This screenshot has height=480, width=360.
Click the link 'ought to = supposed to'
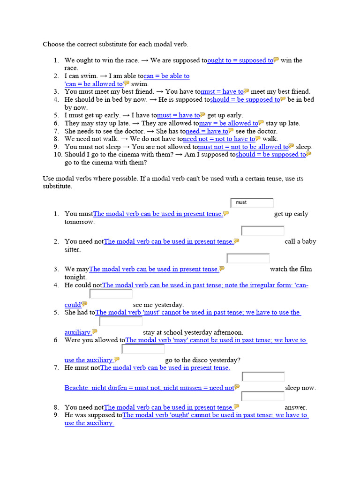[240, 60]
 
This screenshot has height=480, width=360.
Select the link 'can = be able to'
[166, 76]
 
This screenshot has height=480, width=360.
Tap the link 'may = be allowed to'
[228, 123]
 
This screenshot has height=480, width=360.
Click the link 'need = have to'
[207, 131]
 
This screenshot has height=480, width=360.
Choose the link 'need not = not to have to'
[218, 139]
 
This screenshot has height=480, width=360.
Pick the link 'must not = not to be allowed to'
[243, 147]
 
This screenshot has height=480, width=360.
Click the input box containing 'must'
[252, 203]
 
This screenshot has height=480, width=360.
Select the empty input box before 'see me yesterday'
[111, 294]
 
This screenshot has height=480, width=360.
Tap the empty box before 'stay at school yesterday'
[121, 322]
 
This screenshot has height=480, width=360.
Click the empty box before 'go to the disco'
[143, 349]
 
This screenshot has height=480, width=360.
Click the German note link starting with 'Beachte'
[149, 388]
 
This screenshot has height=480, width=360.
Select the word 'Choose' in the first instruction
[54, 45]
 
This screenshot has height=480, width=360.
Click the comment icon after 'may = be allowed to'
[261, 123]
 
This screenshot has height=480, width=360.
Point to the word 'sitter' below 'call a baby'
[73, 249]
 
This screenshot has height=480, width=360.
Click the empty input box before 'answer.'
[263, 397]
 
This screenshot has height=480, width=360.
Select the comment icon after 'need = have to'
[232, 131]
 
